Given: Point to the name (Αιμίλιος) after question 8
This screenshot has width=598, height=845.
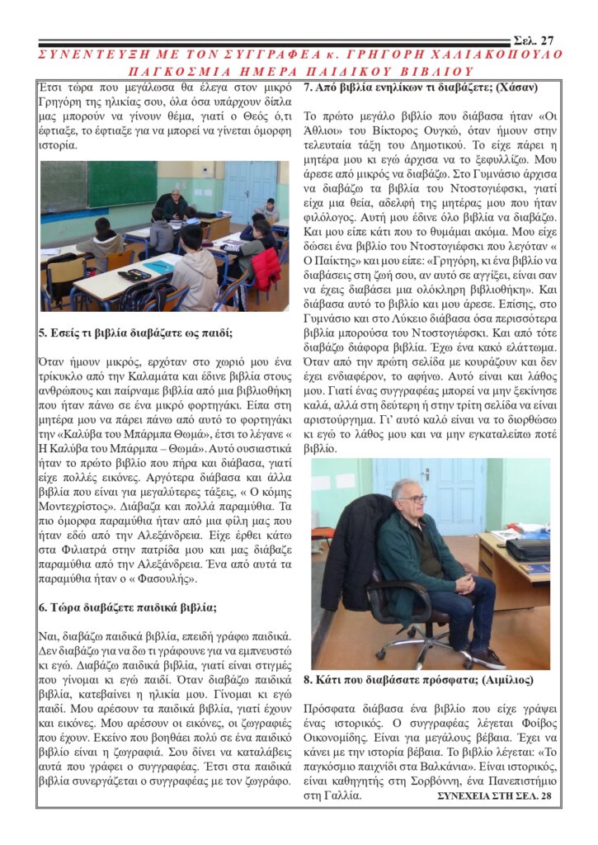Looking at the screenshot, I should click(501, 681).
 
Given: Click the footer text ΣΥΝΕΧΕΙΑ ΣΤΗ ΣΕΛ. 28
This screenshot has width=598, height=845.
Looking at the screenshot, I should click(493, 795).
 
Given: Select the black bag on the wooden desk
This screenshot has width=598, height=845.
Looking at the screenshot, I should click(528, 548).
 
